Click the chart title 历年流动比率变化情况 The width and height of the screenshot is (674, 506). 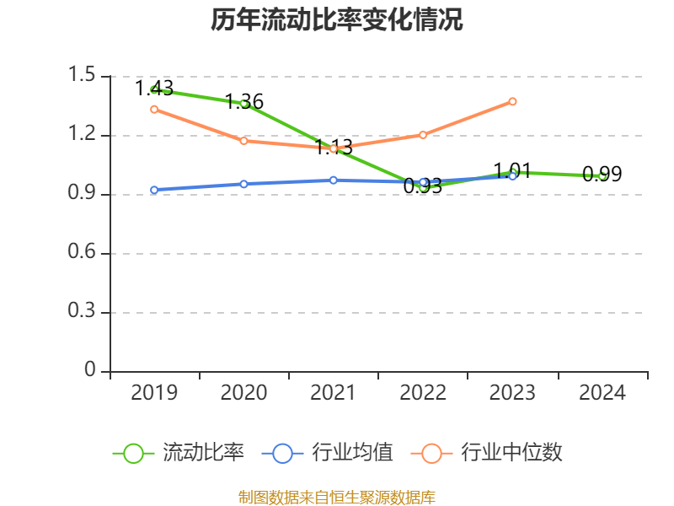tap(337, 20)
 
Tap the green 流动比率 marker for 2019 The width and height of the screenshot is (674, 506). tap(154, 89)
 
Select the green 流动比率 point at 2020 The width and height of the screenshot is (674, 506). tap(244, 104)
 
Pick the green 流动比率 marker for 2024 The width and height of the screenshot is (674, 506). tap(602, 176)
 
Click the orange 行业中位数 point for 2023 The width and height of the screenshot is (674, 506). tap(512, 101)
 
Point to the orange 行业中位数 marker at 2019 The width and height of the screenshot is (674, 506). tap(154, 109)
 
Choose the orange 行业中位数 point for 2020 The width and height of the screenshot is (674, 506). tap(244, 141)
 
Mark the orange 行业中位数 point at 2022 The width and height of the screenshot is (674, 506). tap(423, 135)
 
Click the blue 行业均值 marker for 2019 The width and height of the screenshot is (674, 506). tap(154, 190)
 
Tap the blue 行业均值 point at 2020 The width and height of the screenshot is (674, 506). tap(244, 184)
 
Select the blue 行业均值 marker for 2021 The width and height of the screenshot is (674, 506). tap(334, 180)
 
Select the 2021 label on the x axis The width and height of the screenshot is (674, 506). tap(334, 393)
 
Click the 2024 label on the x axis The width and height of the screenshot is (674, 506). tap(602, 393)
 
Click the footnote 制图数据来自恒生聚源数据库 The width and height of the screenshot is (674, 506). tap(337, 497)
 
